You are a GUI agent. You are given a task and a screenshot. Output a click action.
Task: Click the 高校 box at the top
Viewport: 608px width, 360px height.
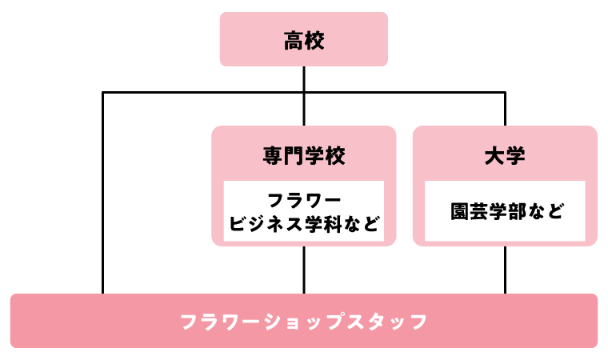(304, 39)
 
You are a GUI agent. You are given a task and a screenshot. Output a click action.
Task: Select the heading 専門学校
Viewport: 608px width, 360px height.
(304, 155)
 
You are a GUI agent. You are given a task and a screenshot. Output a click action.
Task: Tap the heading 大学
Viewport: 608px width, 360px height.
(505, 155)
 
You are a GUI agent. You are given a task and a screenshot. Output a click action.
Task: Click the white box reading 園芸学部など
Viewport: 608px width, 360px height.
(505, 211)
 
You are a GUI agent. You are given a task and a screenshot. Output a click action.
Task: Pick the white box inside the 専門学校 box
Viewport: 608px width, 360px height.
(304, 211)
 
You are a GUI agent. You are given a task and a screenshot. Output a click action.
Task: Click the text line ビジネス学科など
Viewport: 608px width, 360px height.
(304, 223)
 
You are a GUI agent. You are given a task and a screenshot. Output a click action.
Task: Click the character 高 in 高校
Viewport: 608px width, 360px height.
(294, 41)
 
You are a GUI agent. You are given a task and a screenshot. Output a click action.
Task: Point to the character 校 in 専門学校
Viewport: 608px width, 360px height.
(336, 155)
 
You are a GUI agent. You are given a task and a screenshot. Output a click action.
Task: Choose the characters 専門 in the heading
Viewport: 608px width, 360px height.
(283, 155)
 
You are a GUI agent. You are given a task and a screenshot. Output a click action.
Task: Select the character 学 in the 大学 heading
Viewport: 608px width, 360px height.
(515, 155)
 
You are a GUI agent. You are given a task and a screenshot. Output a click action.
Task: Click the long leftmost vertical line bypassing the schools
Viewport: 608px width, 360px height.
(103, 192)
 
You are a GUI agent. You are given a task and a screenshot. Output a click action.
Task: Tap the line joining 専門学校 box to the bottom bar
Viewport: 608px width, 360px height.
(304, 269)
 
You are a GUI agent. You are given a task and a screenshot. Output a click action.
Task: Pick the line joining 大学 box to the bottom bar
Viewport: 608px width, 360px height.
(505, 269)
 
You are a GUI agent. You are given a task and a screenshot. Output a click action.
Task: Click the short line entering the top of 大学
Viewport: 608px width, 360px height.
(505, 110)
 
